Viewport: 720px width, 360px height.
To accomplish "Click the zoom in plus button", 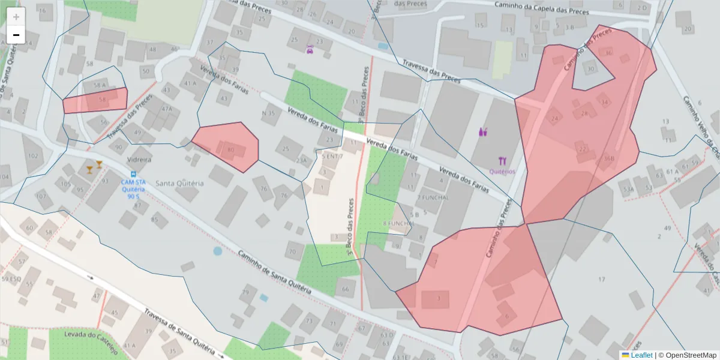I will coord(16,17).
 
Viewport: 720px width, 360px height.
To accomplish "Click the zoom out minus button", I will coord(16,35).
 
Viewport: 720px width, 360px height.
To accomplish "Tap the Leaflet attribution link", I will coord(641,355).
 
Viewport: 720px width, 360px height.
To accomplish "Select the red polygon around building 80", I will coord(228,147).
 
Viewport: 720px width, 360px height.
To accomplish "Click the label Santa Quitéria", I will coord(180,183).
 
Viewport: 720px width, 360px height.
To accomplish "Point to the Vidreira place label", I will coord(139,160).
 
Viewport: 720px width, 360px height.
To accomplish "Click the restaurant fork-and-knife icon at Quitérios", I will coord(502,161).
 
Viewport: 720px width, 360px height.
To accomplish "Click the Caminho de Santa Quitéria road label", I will coord(274,271).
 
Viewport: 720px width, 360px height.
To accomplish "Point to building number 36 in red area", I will coord(609,53).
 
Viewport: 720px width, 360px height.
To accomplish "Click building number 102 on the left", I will coord(32,156).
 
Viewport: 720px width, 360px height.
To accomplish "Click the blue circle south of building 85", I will coord(217,251).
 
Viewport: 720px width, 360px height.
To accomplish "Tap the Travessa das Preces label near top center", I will coord(431,71).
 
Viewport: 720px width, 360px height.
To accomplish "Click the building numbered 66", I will coord(345,289).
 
